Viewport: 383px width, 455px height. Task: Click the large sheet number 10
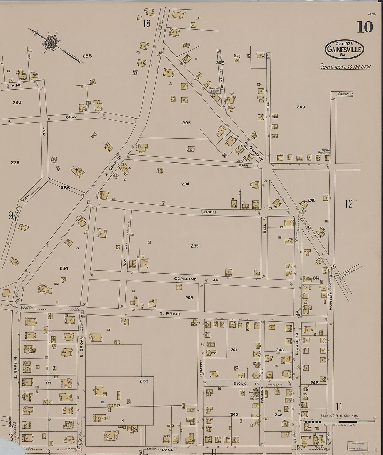(x=365, y=27)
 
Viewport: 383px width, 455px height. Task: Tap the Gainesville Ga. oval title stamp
(x=344, y=49)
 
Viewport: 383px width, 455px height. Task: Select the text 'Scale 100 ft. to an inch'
(x=345, y=67)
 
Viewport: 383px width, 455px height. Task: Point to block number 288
(x=87, y=56)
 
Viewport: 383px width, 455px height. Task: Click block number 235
(x=195, y=246)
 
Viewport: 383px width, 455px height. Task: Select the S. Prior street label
(x=170, y=314)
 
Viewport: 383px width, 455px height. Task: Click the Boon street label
(x=210, y=212)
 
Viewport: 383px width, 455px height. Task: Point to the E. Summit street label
(x=253, y=150)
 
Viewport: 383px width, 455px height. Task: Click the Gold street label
(x=71, y=117)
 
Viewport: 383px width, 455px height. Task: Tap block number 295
(x=186, y=123)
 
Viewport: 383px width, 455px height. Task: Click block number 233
(x=144, y=381)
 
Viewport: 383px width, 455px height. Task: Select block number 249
(x=301, y=107)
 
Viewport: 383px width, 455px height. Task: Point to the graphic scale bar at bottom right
(x=338, y=422)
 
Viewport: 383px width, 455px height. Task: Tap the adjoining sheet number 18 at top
(x=147, y=24)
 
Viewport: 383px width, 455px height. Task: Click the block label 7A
(x=48, y=382)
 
